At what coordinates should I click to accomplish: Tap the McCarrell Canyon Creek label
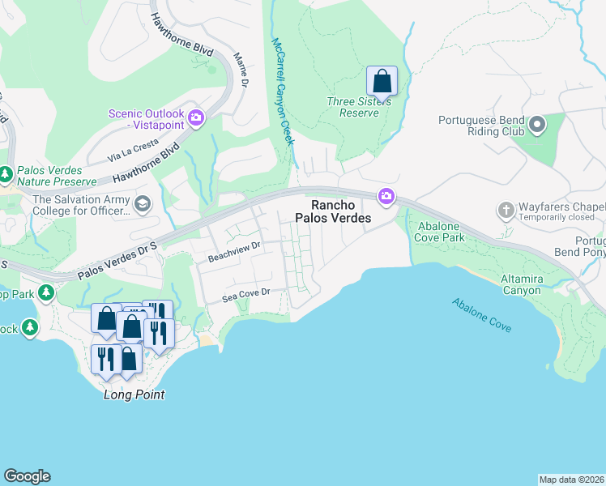tap(281, 91)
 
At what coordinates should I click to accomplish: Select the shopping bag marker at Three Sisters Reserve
tap(382, 81)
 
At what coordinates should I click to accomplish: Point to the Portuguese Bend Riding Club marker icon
tap(536, 125)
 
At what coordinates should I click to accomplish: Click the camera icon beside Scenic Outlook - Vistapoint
tap(196, 120)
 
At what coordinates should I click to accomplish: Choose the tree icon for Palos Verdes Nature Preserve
tap(6, 174)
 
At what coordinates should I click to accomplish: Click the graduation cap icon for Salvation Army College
tap(143, 202)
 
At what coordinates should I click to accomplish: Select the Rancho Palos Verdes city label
tap(341, 212)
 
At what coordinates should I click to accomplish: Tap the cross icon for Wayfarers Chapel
tap(506, 210)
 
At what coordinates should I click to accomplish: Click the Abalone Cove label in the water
tap(481, 315)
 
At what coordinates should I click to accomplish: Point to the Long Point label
tap(134, 394)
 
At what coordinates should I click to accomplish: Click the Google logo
tap(27, 476)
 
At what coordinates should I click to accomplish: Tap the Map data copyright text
tap(571, 479)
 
